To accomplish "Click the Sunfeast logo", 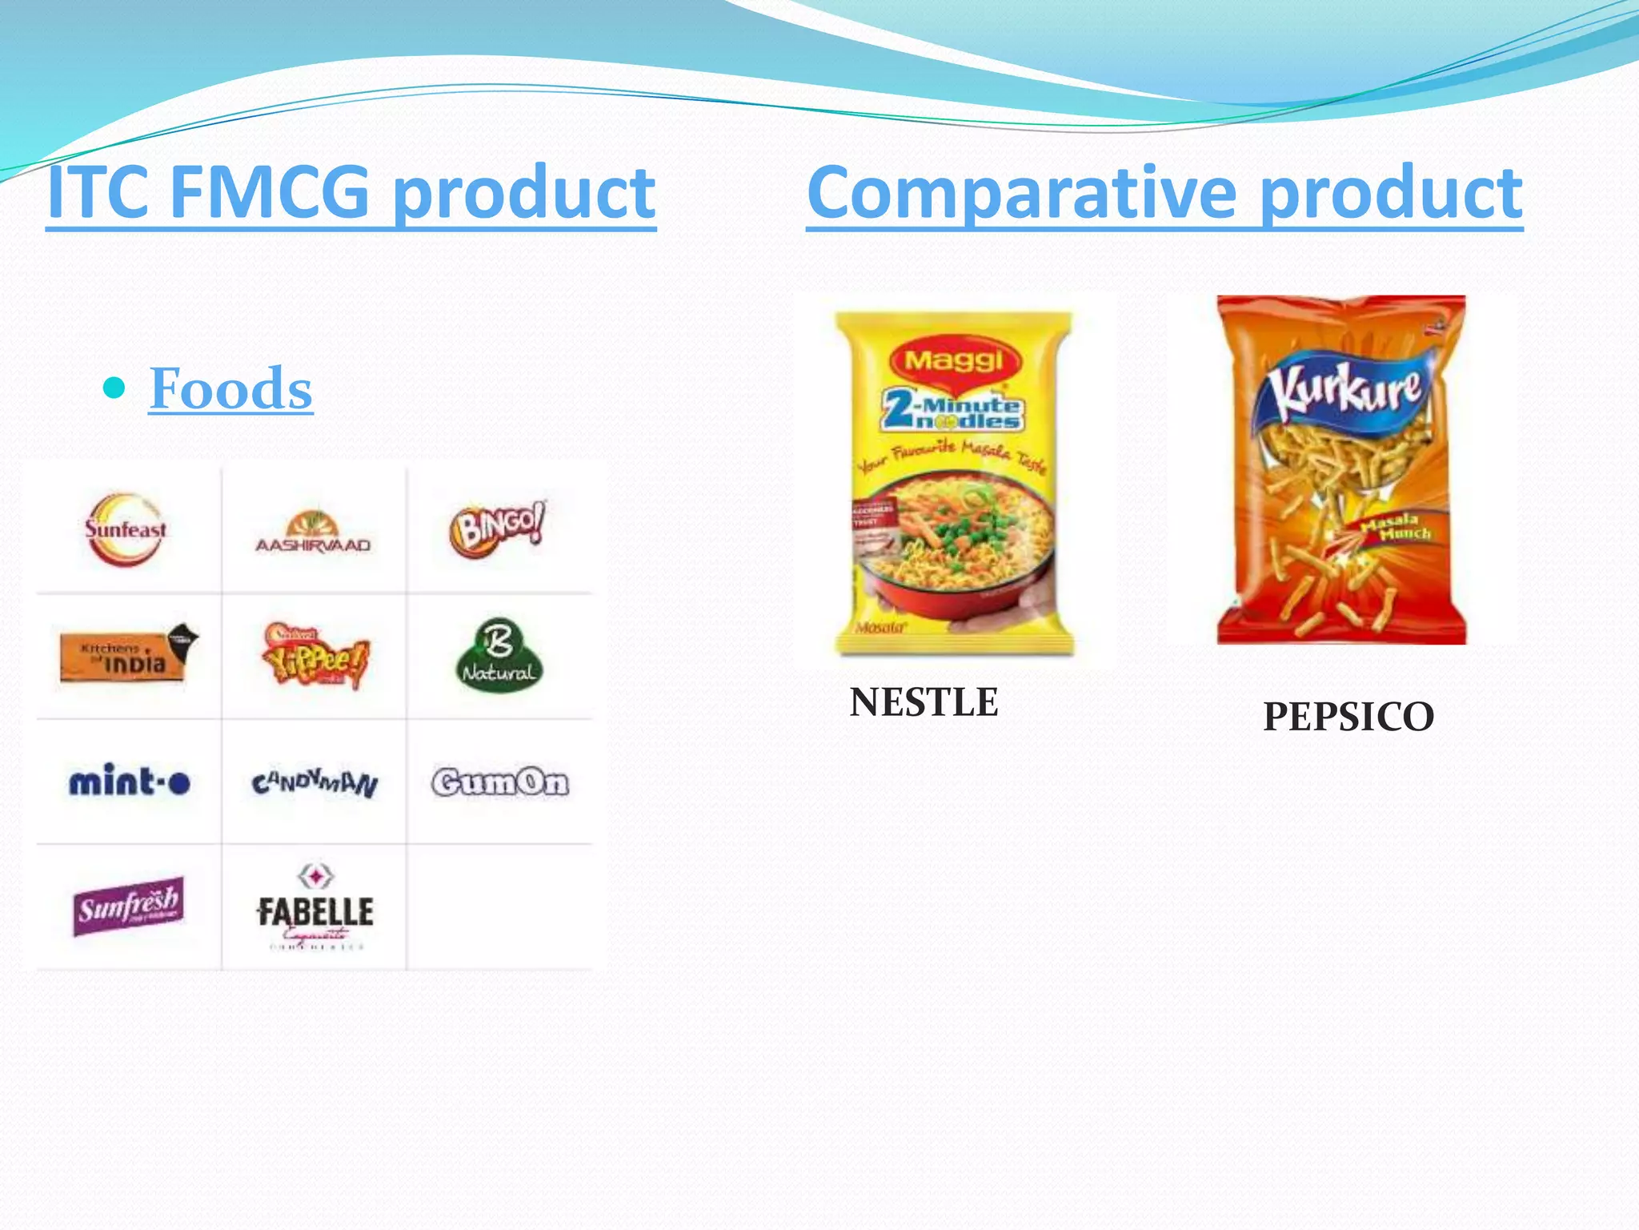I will pos(126,529).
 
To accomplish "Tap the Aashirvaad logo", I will pos(313,533).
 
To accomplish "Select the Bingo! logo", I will pos(498,528).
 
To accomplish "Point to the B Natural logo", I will pos(499,656).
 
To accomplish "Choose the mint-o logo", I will pos(130,781).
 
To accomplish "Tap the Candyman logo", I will pos(315,782).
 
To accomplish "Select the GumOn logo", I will pos(500,782).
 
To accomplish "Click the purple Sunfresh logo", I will pos(128,906).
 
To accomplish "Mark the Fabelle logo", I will pos(315,909).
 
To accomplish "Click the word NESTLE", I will pos(924,702).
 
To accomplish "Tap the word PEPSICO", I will pos(1348,716).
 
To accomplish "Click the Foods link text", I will pos(230,388).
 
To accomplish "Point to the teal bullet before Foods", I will pos(115,388).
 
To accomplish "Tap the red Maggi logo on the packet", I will pos(953,360).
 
